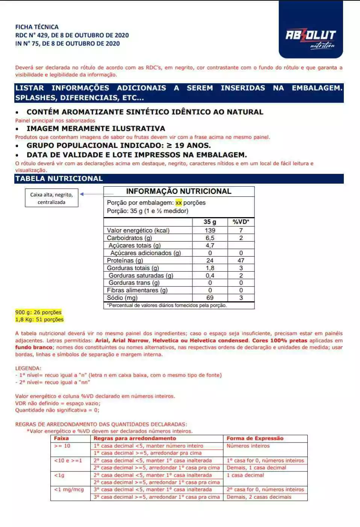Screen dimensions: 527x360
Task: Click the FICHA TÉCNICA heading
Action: pos(37,27)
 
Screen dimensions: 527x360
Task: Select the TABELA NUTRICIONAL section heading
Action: pos(59,179)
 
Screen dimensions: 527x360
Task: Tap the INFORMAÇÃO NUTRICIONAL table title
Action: pos(178,191)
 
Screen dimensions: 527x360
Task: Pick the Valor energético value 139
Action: pos(210,230)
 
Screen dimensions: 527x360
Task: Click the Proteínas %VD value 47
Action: pos(241,260)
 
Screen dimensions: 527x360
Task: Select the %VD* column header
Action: pos(241,222)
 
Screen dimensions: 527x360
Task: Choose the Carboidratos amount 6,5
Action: pos(210,238)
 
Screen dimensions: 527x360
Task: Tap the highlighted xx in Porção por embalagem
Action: pos(178,203)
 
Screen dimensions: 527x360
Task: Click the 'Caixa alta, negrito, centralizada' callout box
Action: pos(51,198)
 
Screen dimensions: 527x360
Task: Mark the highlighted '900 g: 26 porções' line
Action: pos(38,312)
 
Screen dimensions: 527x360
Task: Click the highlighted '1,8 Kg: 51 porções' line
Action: pos(39,319)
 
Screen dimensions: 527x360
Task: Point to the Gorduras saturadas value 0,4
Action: pos(210,275)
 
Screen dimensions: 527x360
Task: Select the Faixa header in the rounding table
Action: pos(61,438)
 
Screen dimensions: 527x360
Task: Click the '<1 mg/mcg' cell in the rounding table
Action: pos(69,489)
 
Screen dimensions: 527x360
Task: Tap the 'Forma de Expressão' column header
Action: pos(255,438)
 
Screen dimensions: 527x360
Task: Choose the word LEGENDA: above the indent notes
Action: pos(28,368)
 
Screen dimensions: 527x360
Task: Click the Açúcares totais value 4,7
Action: pos(210,245)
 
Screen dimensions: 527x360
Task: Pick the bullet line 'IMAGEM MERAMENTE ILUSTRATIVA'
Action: pos(96,128)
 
